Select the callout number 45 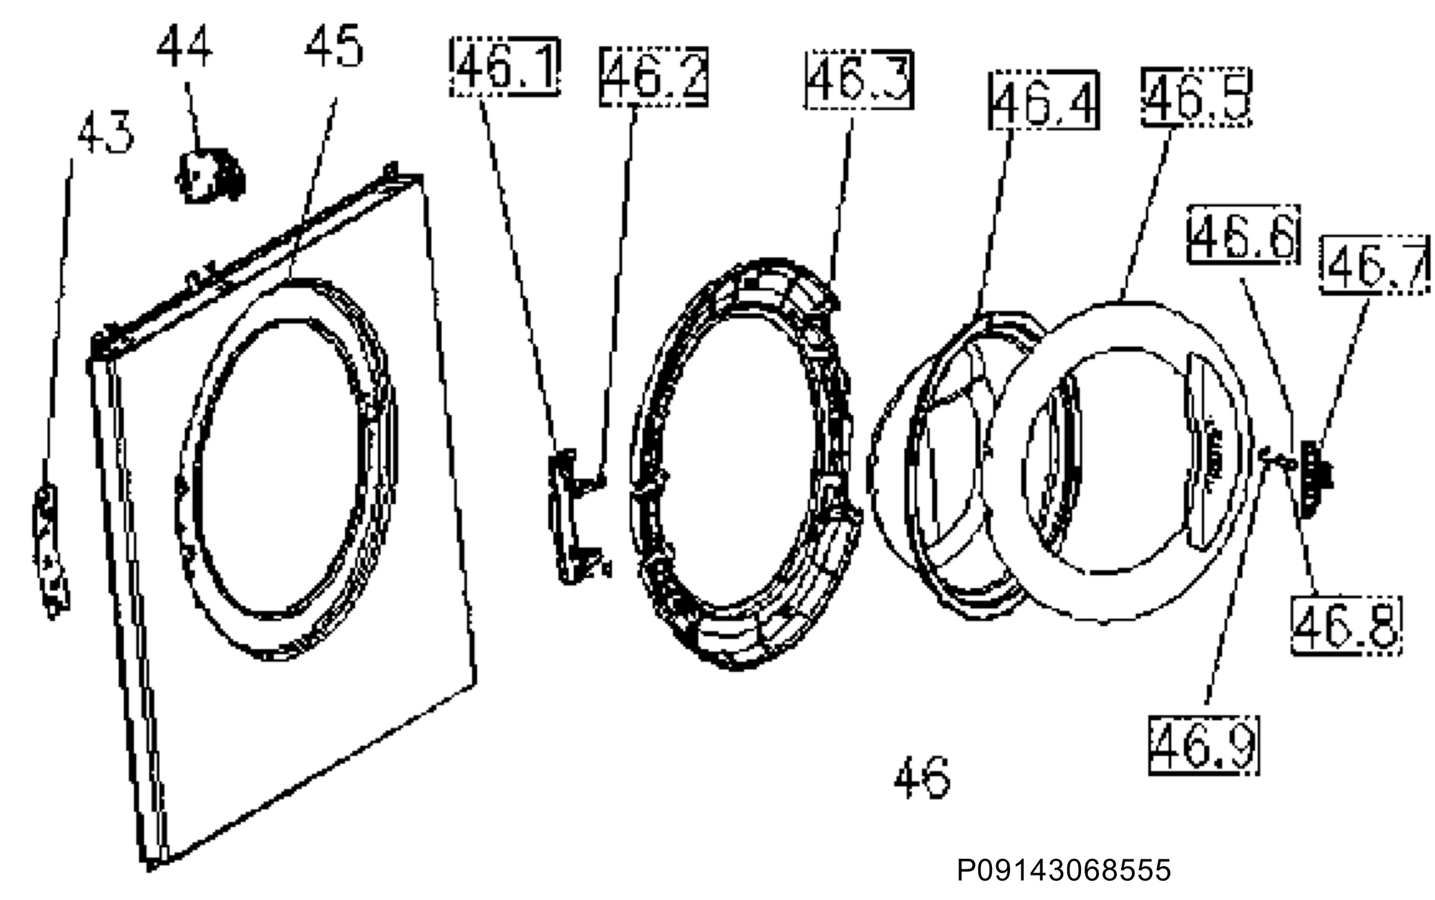334,47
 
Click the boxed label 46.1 505,65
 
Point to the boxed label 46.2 654,76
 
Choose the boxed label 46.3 859,80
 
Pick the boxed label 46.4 1043,99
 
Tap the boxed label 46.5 1196,97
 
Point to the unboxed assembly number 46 921,777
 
